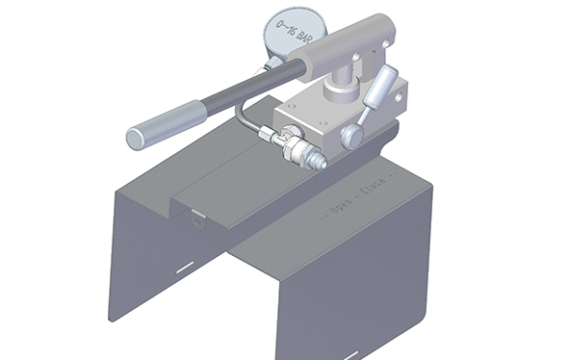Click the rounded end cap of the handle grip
[136, 137]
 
